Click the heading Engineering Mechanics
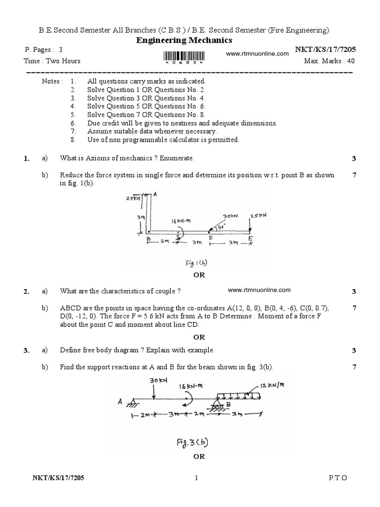(x=184, y=40)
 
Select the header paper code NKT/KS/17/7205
(x=325, y=50)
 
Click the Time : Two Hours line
(x=52, y=61)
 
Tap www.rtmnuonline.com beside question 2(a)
(x=259, y=290)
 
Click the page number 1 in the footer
(x=196, y=478)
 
